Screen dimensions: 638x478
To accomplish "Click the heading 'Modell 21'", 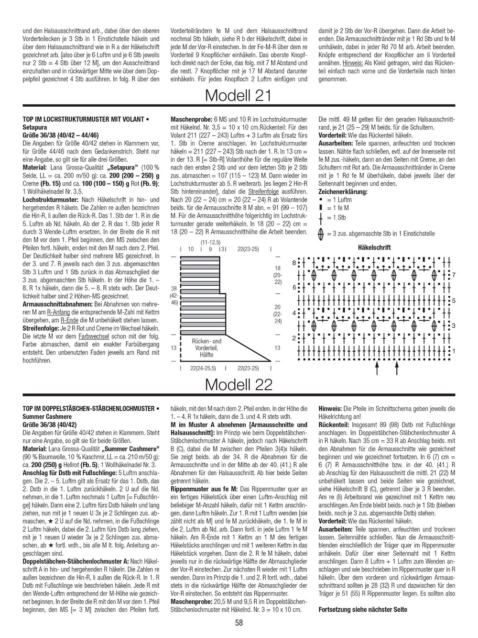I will [238, 96].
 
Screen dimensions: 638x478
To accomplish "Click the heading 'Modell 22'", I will [238, 384].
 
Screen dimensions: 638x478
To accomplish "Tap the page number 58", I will [239, 623].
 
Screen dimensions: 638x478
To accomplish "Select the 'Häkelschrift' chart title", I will [374, 247].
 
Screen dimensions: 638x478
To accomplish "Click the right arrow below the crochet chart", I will [397, 367].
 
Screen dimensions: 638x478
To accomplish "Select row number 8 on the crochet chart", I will [294, 262].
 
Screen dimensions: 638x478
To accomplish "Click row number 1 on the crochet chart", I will [454, 351].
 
